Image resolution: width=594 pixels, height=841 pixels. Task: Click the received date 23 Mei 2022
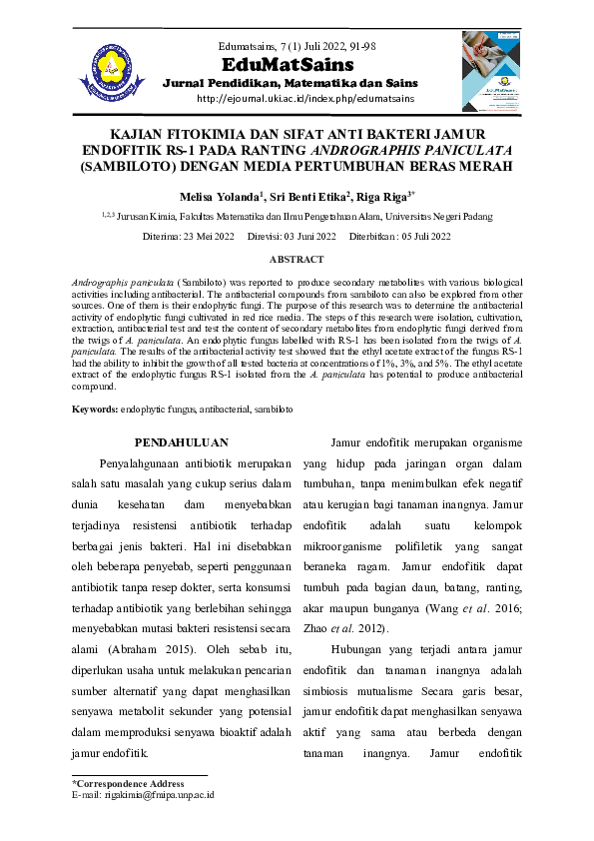click(x=207, y=237)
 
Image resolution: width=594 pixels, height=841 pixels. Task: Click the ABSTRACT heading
click(x=297, y=259)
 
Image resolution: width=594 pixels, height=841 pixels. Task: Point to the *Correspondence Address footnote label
click(x=128, y=784)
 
